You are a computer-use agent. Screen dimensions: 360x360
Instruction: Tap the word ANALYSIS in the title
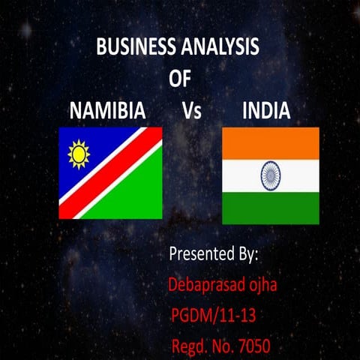point(220,46)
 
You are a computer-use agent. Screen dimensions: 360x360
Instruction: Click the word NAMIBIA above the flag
point(107,112)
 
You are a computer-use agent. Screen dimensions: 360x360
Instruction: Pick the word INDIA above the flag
point(266,112)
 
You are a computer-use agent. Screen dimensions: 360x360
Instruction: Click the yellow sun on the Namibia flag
point(78,154)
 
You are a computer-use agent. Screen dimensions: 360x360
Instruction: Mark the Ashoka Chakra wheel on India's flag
point(271,176)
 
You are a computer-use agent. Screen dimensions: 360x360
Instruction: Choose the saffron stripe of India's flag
point(271,142)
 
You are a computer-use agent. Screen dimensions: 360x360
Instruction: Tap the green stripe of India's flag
point(271,208)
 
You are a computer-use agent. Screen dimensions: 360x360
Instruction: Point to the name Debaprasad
point(208,285)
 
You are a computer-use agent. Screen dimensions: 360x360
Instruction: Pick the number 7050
point(250,346)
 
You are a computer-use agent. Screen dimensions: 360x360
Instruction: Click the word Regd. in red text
point(190,347)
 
